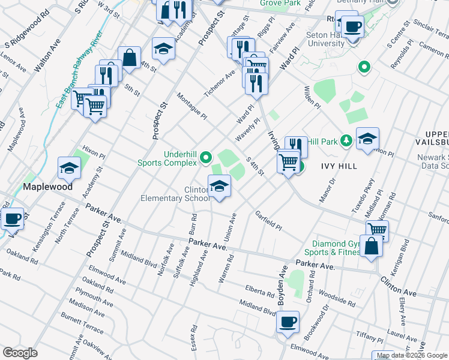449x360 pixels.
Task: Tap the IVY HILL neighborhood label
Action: pyautogui.click(x=339, y=166)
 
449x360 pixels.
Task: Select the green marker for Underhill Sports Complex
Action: pyautogui.click(x=206, y=158)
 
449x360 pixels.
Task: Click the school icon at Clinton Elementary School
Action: pyautogui.click(x=219, y=187)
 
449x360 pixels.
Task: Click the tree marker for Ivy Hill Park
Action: pyautogui.click(x=346, y=140)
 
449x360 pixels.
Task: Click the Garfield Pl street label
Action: pyautogui.click(x=268, y=220)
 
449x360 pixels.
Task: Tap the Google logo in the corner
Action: pyautogui.click(x=20, y=353)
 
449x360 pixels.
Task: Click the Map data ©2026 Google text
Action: pyautogui.click(x=412, y=355)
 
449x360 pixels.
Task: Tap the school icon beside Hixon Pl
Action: pyautogui.click(x=69, y=169)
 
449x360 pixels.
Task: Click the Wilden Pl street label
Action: pyautogui.click(x=313, y=96)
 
